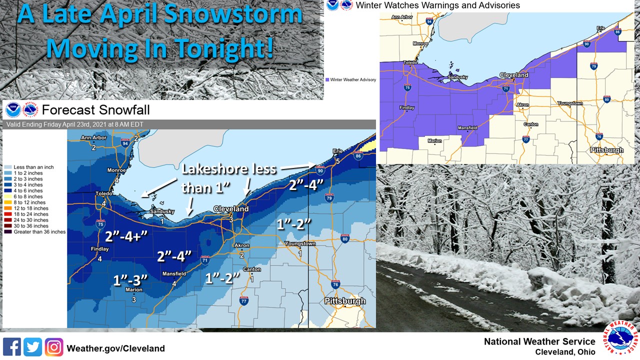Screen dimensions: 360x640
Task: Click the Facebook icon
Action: click(x=11, y=347)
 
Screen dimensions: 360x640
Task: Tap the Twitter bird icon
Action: click(x=32, y=347)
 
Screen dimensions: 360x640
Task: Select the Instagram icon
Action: click(x=54, y=347)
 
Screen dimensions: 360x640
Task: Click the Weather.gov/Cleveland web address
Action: click(x=115, y=348)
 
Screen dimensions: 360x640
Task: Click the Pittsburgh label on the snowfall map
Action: click(x=345, y=301)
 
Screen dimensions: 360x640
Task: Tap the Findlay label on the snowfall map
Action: click(x=99, y=249)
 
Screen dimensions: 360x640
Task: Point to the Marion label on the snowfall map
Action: click(x=134, y=290)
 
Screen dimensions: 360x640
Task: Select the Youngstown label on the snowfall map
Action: click(x=300, y=244)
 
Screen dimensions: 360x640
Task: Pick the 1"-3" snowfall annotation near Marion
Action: click(x=131, y=279)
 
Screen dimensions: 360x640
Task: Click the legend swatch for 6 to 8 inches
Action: click(x=8, y=196)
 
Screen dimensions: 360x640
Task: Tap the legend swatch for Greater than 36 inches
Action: click(x=8, y=232)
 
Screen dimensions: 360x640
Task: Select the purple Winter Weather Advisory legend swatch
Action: click(x=327, y=79)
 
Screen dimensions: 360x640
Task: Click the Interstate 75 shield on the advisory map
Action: click(x=407, y=88)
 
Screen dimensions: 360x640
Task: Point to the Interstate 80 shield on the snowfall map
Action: click(x=344, y=238)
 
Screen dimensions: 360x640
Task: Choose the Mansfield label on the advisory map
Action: click(x=467, y=128)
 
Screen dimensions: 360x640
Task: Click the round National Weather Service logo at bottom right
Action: click(x=620, y=339)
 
